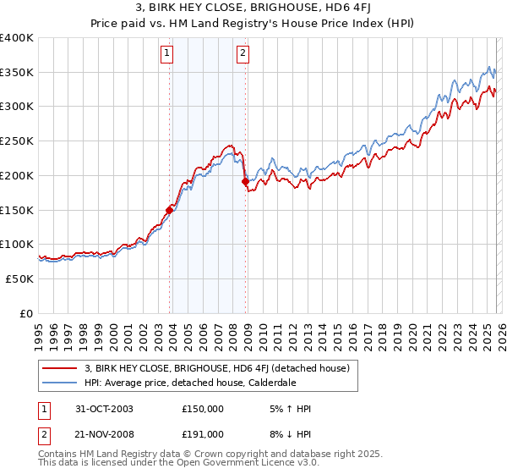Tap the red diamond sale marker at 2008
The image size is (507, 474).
click(245, 181)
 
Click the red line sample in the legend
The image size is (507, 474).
click(60, 368)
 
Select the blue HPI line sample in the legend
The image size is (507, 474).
click(60, 382)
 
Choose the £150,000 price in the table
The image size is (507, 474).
click(202, 409)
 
